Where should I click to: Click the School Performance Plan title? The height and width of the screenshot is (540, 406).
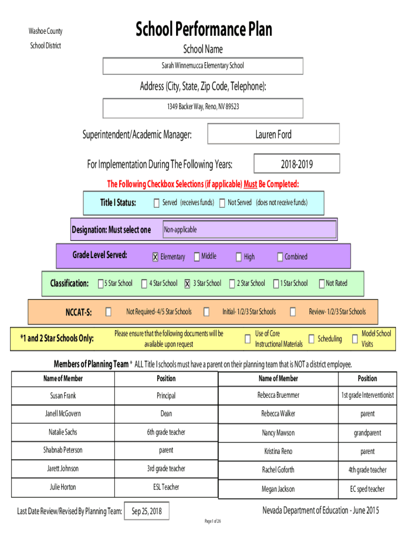click(204, 29)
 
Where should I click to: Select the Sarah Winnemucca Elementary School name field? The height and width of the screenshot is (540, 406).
click(203, 66)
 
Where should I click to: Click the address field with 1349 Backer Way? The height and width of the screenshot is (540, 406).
click(203, 108)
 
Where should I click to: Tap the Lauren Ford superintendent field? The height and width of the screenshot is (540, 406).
click(274, 134)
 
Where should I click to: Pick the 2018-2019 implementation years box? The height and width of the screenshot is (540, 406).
click(297, 163)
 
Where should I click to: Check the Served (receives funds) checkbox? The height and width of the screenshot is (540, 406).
click(157, 203)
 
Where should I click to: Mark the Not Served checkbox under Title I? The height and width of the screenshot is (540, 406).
click(223, 203)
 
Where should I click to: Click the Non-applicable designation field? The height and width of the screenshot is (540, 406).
click(249, 229)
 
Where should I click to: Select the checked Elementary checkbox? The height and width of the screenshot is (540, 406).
click(156, 257)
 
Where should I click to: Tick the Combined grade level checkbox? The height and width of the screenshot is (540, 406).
click(280, 257)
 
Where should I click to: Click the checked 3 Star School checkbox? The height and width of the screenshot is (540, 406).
click(187, 283)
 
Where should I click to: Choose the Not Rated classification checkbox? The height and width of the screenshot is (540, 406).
click(322, 283)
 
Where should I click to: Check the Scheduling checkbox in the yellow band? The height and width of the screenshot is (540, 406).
click(311, 339)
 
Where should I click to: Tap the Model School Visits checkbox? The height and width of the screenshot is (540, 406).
click(355, 339)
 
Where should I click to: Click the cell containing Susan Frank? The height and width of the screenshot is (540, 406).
click(63, 396)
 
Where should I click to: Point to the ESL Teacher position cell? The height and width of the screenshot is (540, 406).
click(166, 487)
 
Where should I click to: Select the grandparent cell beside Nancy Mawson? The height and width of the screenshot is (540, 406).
click(368, 433)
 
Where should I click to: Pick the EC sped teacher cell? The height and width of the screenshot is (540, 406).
click(368, 489)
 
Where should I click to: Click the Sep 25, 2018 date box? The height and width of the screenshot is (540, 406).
click(147, 512)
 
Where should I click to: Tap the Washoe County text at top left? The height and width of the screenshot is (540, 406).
click(45, 31)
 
